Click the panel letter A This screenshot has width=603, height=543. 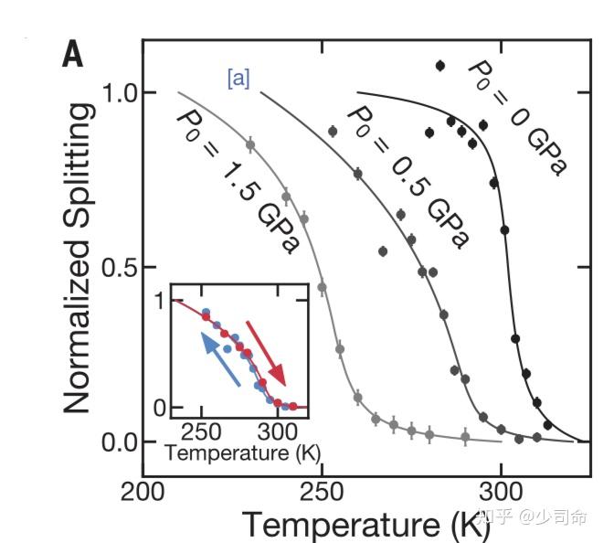pos(72,57)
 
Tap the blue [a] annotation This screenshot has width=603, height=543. pos(238,79)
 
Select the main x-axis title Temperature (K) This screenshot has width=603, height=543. pos(354,524)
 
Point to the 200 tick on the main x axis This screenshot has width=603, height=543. pos(142,493)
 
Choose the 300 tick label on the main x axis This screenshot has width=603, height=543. pos(500,493)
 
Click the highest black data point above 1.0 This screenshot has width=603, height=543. pos(440,66)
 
